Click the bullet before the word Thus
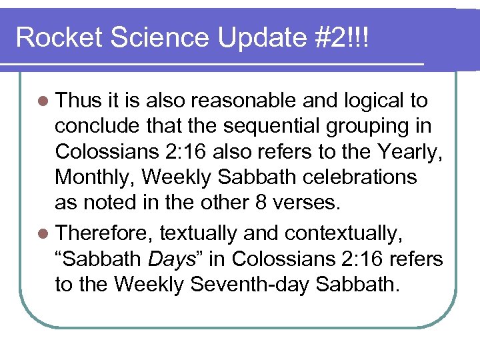tap(43, 101)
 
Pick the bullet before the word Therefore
tap(43, 233)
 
